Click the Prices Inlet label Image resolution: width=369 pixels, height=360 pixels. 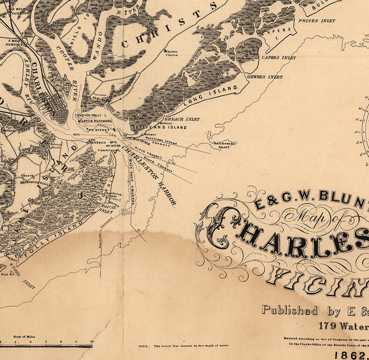317,21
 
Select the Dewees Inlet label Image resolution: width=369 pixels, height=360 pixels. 265,77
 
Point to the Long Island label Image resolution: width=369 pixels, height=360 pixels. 210,96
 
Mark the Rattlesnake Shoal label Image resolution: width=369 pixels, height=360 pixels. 224,145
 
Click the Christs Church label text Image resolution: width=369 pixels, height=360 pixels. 172,53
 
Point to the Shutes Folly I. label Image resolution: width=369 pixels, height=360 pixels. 92,115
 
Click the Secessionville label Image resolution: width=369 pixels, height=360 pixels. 32,182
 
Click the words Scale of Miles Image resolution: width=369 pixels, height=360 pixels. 24,337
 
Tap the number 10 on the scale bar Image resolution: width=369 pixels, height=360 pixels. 92,342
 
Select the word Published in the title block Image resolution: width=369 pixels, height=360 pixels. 290,310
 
